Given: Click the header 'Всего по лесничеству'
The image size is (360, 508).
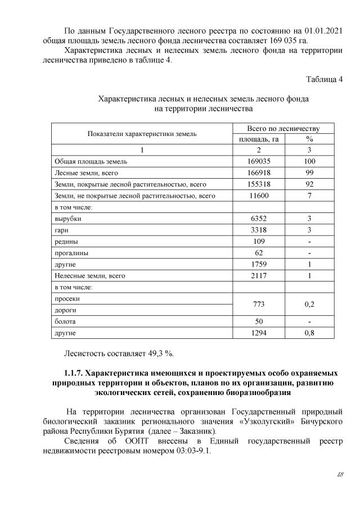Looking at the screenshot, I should click(283, 128).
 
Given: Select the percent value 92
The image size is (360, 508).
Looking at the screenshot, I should click(309, 184).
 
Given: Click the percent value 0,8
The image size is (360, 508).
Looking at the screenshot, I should click(309, 333).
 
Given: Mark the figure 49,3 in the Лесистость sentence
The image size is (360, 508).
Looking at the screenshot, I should click(154, 353).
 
